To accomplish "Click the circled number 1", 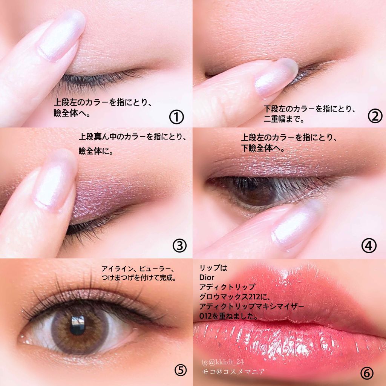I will click(176, 117).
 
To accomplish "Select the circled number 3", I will click(180, 245).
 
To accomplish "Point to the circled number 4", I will click(369, 245).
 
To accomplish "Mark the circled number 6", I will click(366, 373).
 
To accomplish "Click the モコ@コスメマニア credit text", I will click(233, 372).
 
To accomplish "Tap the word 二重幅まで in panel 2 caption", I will click(284, 119).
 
